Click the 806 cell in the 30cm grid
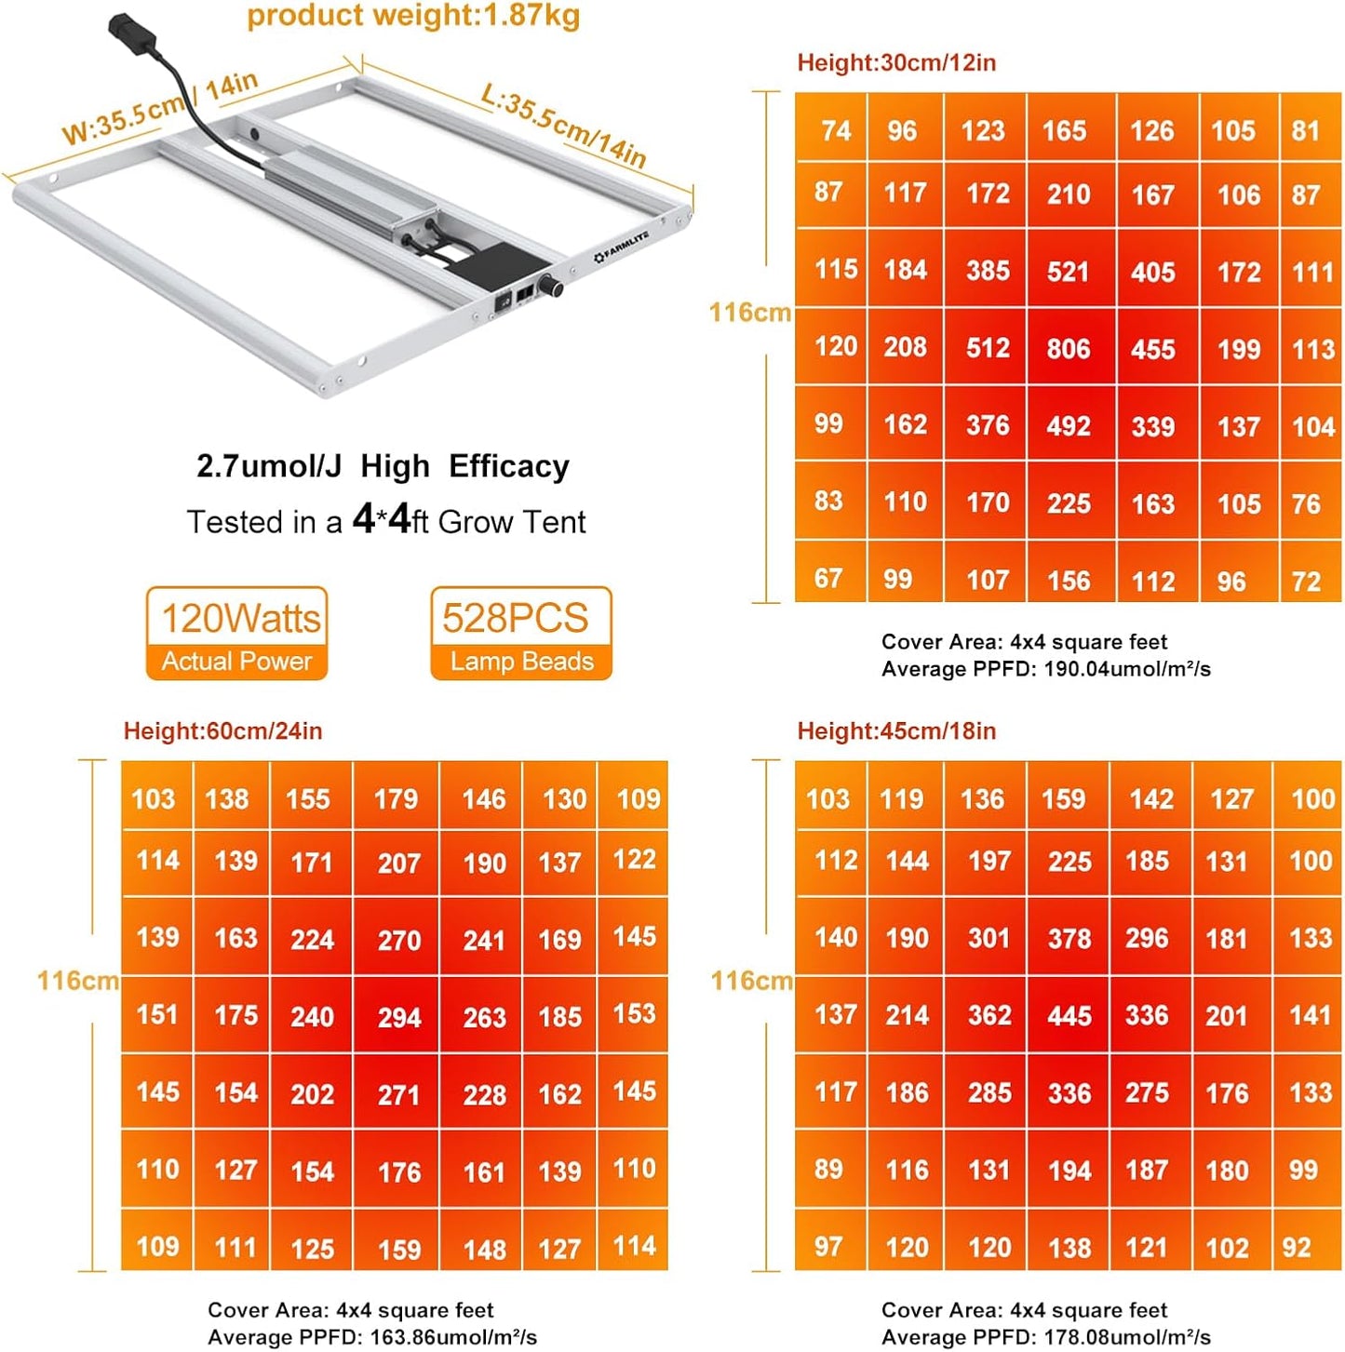[1068, 349]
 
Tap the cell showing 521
[1068, 272]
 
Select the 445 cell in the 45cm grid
[1069, 1015]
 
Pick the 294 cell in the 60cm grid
[399, 1017]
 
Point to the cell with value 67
[828, 579]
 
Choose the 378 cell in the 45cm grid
[1069, 939]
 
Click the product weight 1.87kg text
[413, 16]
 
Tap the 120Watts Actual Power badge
[237, 634]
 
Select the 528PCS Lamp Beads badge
[520, 634]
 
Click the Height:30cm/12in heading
[896, 62]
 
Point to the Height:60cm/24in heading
[222, 730]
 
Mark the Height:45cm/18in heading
[896, 730]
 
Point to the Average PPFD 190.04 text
[1045, 669]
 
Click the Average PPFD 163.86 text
[371, 1337]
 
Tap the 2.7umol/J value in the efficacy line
[269, 466]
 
